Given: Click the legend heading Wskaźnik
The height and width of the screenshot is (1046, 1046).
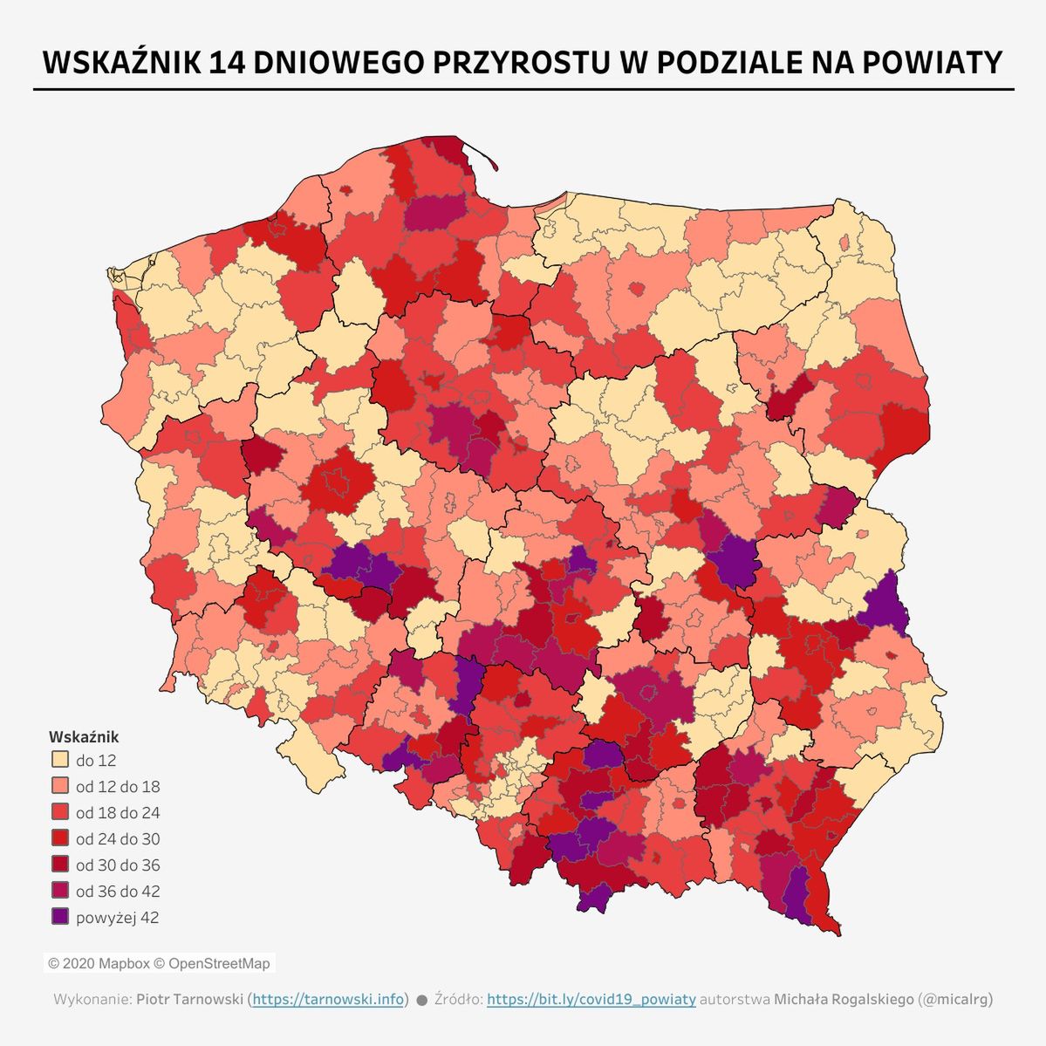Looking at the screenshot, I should pos(84,737).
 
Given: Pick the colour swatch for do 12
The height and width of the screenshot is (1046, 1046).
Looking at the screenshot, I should pos(59,760).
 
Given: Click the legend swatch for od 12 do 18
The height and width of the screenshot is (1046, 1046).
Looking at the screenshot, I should pos(59,786).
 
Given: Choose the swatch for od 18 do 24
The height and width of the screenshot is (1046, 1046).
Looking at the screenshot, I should pos(59,812).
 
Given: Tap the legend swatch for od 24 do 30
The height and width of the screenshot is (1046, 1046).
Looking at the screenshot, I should pos(59,838).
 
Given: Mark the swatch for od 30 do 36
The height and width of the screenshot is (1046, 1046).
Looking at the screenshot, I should pos(59,865).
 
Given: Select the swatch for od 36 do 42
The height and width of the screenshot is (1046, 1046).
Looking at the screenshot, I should pos(59,891).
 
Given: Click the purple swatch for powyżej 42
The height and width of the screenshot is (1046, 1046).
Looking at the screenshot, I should pos(59,917).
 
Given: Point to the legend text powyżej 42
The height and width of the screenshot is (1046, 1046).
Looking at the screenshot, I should pos(117,918).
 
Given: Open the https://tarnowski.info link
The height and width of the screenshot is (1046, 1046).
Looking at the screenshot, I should pos(328,999).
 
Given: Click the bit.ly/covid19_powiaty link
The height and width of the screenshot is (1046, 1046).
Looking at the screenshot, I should pos(591,999).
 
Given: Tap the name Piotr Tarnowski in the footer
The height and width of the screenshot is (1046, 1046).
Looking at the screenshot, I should pos(189,999).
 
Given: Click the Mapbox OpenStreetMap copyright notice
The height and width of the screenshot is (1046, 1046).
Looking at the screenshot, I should pos(159,964).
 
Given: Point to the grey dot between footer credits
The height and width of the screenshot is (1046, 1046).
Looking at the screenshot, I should pos(421,1000).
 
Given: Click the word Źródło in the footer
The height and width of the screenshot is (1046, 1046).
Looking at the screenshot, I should pos(458,999).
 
